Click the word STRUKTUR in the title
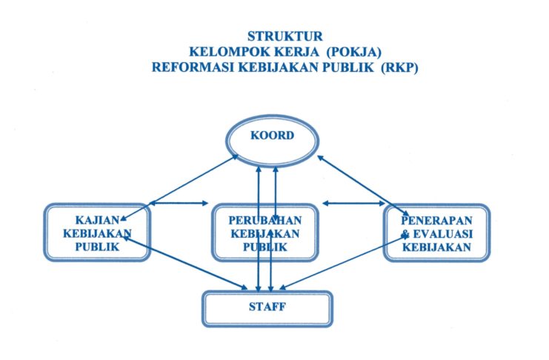click(285, 36)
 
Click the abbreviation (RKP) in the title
click(399, 67)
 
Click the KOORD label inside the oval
click(272, 136)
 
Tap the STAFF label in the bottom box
click(267, 307)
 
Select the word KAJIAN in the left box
click(97, 220)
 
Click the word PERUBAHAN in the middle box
click(265, 220)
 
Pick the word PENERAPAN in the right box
click(436, 220)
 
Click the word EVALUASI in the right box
click(443, 233)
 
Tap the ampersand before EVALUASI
click(405, 234)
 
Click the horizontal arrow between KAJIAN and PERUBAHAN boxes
click(179, 203)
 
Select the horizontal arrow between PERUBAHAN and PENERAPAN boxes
click(354, 203)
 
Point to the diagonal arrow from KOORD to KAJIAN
click(179, 188)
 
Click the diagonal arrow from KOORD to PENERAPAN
click(363, 186)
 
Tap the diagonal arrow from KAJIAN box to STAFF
click(185, 263)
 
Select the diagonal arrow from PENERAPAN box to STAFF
click(343, 262)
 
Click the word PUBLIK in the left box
click(97, 247)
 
